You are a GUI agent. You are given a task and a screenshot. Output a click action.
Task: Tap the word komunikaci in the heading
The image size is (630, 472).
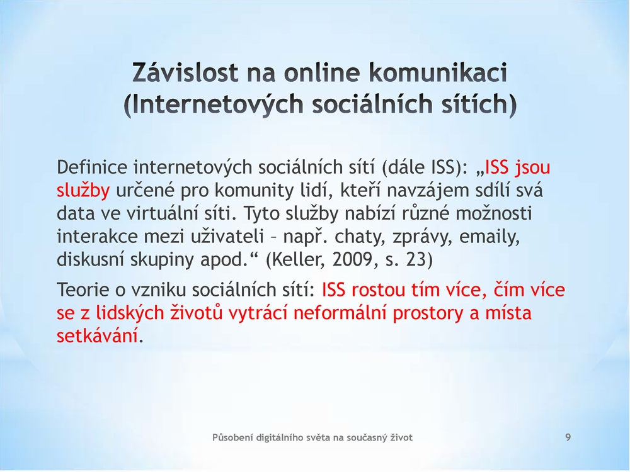pyautogui.click(x=438, y=72)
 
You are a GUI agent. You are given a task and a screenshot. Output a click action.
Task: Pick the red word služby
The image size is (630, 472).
pyautogui.click(x=83, y=190)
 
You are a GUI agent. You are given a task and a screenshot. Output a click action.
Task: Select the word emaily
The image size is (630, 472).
pyautogui.click(x=490, y=237)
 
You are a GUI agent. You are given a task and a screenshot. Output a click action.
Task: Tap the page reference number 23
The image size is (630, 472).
pyautogui.click(x=420, y=260)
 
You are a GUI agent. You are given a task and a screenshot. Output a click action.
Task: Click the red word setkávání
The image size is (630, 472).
pyautogui.click(x=97, y=335)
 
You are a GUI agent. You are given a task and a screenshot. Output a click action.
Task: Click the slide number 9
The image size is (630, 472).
pyautogui.click(x=568, y=437)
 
